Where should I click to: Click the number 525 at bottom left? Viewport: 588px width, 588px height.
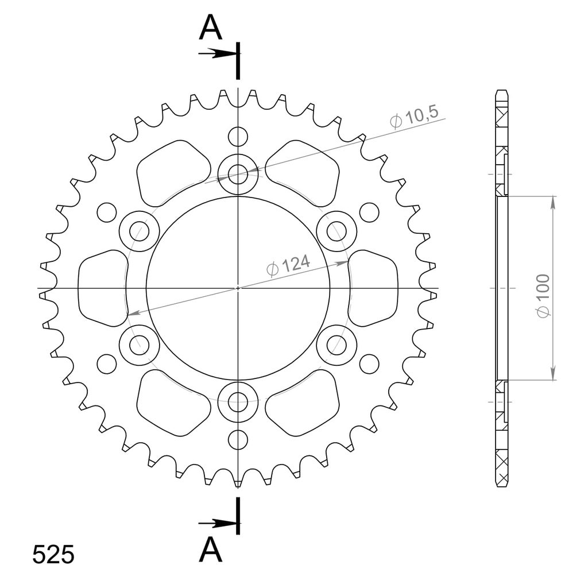click(53, 555)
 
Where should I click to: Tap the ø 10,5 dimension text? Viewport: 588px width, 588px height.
click(414, 117)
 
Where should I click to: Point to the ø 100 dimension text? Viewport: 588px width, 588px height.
click(543, 296)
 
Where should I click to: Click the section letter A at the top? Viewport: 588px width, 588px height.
click(211, 28)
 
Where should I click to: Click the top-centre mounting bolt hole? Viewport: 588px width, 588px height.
click(238, 174)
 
